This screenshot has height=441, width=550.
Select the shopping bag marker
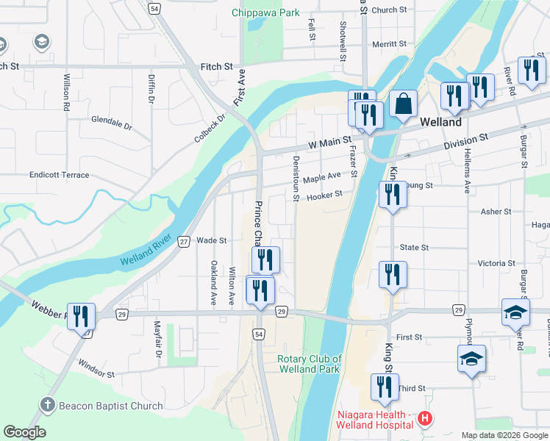[x=404, y=103]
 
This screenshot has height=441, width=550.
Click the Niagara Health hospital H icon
[x=424, y=420]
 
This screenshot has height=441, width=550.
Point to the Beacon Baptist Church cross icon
[x=48, y=405]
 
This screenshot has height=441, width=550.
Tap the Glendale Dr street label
[x=111, y=123]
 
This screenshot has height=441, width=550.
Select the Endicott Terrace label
[x=59, y=175]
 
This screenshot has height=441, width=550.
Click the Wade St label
[x=212, y=240]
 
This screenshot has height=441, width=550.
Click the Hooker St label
[x=325, y=196]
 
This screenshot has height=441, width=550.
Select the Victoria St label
[x=496, y=263]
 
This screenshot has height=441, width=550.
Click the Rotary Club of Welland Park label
[x=310, y=364]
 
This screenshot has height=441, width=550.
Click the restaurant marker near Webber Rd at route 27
[x=81, y=316]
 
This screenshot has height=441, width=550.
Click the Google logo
[x=24, y=432]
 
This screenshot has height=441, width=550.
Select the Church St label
[x=389, y=10]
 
